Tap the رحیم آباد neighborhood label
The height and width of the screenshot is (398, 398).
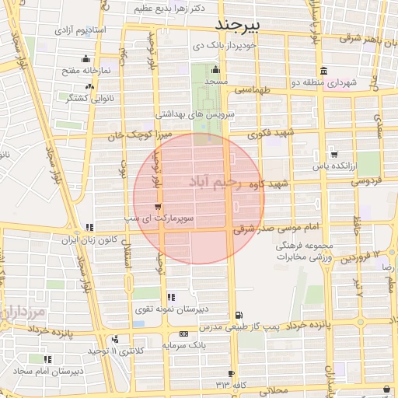pos(206,182)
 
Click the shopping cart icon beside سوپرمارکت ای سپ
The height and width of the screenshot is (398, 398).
pos(159,208)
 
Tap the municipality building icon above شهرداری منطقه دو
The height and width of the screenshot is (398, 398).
pos(323,70)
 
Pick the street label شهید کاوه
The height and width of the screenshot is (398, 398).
pos(268,184)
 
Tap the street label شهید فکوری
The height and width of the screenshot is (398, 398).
pos(269,134)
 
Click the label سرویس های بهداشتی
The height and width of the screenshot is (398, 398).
pos(194,113)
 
